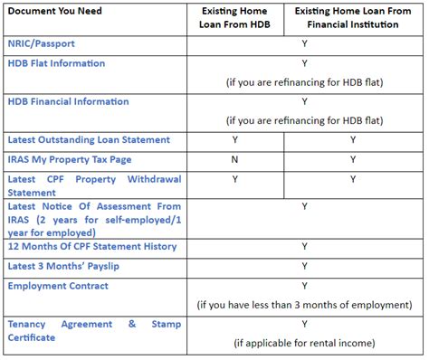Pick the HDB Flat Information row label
coord(56,63)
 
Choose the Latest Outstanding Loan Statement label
coord(89,139)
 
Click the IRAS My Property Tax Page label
coord(70,159)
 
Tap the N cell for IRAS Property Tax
coord(235,159)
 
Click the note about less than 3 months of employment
coord(305,304)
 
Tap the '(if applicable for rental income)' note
coord(305,343)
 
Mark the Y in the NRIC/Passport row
coord(305,43)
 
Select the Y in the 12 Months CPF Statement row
coord(305,247)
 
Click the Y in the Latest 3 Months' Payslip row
coord(305,266)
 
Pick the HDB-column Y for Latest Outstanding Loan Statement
coord(235,139)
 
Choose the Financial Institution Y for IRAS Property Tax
coord(353,159)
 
